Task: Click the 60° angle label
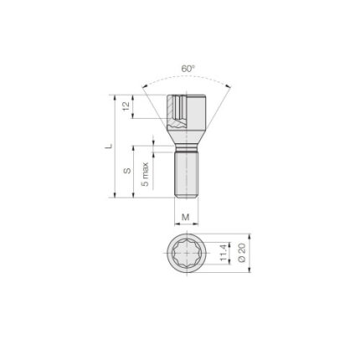click(188, 69)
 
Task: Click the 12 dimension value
click(126, 106)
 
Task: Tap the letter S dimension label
click(127, 171)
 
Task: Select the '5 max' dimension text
click(145, 174)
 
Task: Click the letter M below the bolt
click(186, 217)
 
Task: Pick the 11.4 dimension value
click(223, 253)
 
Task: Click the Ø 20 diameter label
click(242, 253)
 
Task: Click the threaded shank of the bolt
click(187, 174)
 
